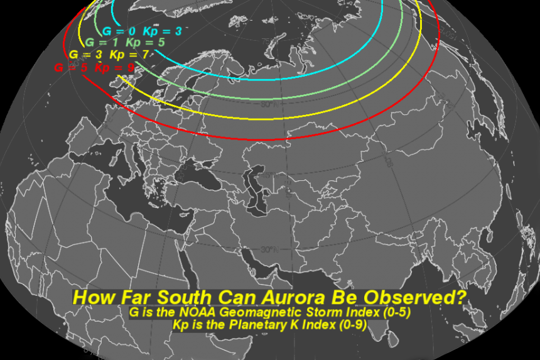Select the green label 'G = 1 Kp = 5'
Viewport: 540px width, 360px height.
[x=125, y=43]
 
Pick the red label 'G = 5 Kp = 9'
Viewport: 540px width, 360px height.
[x=94, y=67]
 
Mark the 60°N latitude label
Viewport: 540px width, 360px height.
[x=268, y=104]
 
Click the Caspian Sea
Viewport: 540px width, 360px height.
[x=257, y=188]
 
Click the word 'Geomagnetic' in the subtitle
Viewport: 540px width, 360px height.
[x=270, y=313]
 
